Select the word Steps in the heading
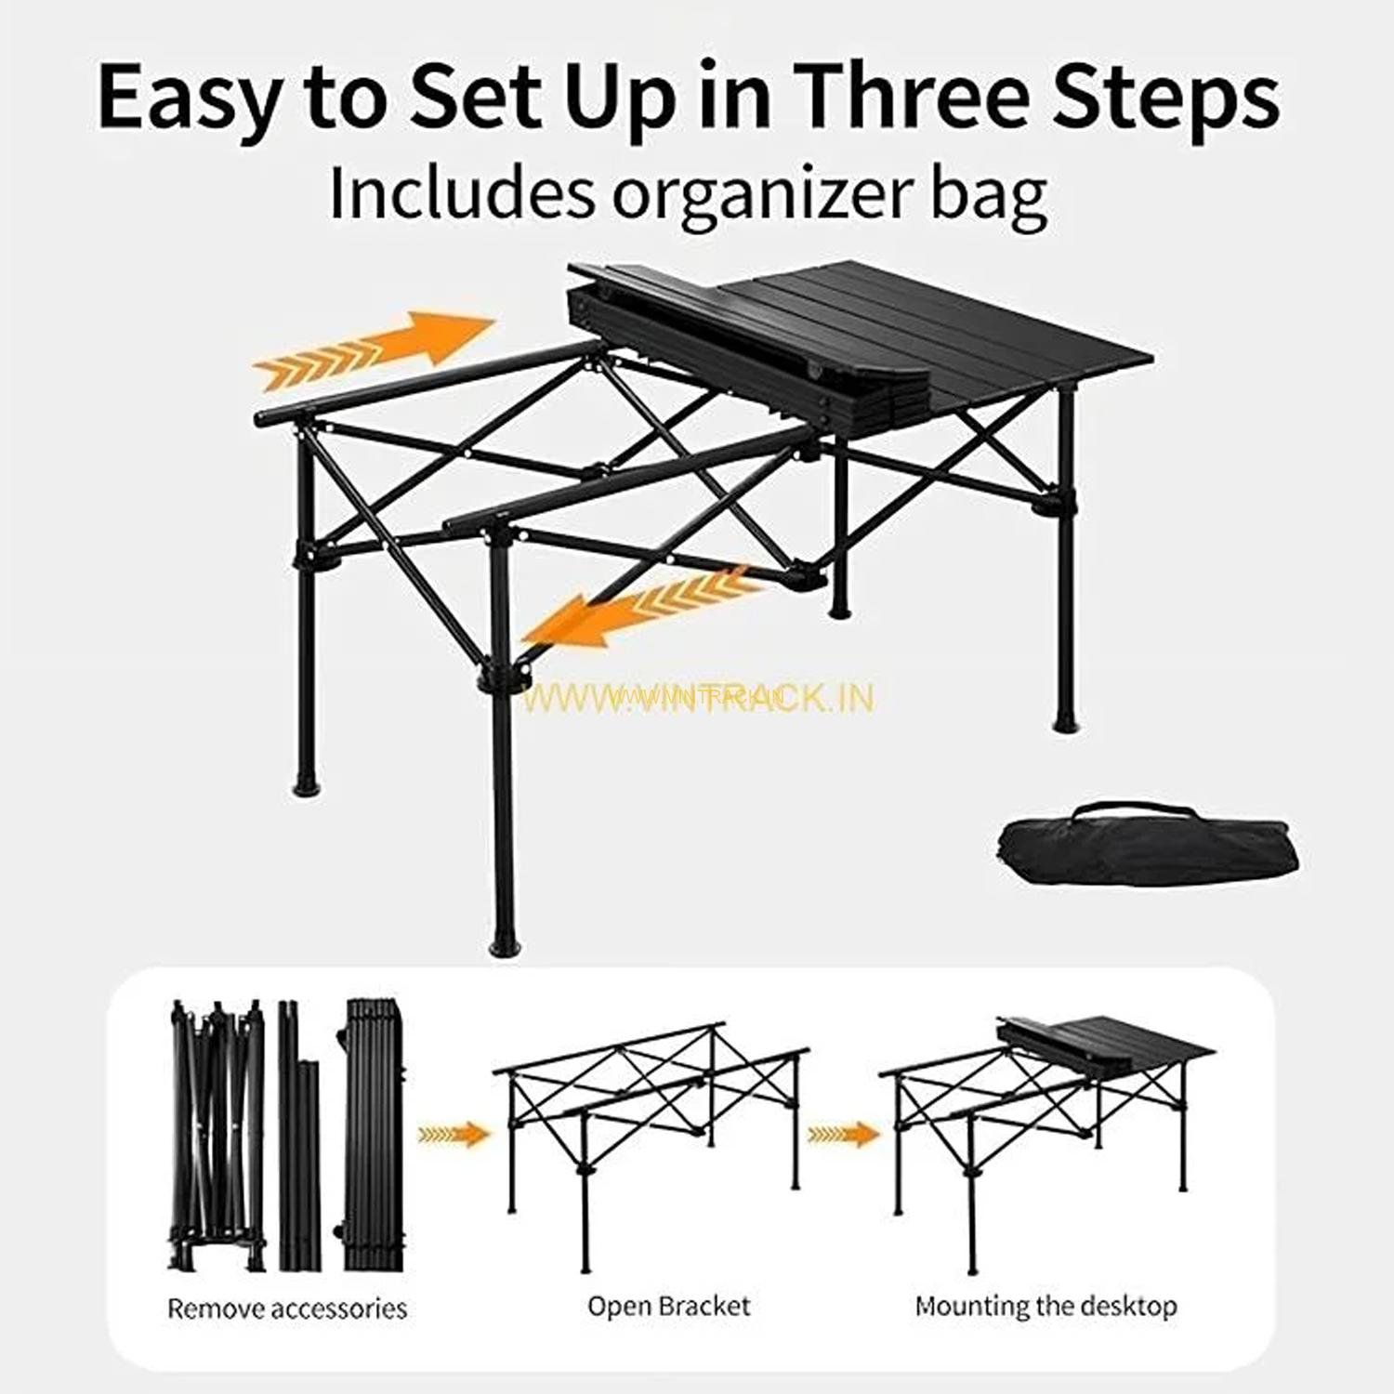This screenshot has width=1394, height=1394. [x=1165, y=100]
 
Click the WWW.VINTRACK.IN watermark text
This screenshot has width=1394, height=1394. [x=698, y=697]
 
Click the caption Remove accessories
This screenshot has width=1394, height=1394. [x=287, y=1309]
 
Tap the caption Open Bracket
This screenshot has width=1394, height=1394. [x=669, y=1306]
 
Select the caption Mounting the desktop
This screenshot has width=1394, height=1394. [x=1046, y=1306]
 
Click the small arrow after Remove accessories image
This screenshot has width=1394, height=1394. [x=454, y=1134]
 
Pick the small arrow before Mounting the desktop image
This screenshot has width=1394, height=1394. [x=843, y=1134]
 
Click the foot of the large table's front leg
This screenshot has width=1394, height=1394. [x=502, y=943]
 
